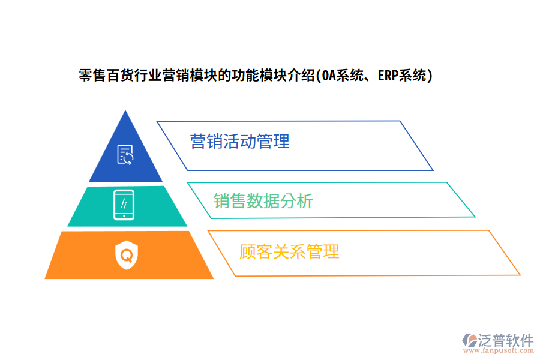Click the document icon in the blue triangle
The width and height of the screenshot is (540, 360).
coord(125,155)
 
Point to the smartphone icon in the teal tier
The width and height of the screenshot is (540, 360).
coord(124,205)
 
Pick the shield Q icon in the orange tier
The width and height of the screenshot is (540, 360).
coord(127,255)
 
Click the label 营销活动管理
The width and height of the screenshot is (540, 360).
coord(240,142)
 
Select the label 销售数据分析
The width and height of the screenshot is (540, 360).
coord(263,200)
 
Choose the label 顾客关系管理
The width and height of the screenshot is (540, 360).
coord(289,251)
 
